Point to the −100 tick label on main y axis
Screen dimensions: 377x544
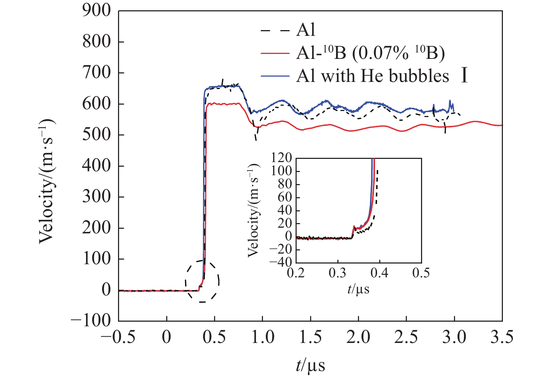(x=91, y=321)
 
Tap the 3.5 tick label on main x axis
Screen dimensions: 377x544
(x=502, y=337)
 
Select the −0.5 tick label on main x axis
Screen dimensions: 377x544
(x=118, y=337)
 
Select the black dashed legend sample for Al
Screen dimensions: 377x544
(x=275, y=31)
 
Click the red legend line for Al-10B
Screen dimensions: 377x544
(x=275, y=53)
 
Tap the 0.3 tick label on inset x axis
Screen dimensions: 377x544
(x=338, y=273)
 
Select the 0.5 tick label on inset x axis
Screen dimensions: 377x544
(x=421, y=273)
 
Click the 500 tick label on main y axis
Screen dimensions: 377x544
(x=96, y=135)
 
